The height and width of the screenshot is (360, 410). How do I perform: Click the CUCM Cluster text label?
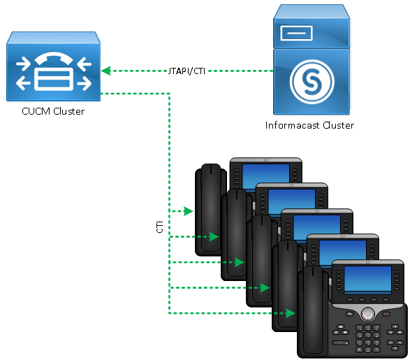click(53, 111)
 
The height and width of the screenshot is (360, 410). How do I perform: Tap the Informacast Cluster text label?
click(309, 125)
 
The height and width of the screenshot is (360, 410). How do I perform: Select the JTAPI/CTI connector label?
click(186, 71)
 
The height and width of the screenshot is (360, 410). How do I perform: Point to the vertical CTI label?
click(159, 226)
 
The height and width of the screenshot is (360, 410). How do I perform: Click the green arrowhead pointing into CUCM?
click(106, 71)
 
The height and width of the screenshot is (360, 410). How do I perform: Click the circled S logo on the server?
click(312, 82)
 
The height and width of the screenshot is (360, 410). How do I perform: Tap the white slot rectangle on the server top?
click(297, 34)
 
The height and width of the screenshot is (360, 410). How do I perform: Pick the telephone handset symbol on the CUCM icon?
click(54, 58)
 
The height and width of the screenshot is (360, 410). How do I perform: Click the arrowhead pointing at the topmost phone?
click(189, 211)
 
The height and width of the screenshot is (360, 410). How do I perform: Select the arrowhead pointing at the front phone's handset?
click(291, 313)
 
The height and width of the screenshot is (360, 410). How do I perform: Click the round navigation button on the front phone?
click(367, 313)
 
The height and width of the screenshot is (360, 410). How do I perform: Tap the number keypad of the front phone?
click(368, 338)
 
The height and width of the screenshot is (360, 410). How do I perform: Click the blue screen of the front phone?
click(367, 279)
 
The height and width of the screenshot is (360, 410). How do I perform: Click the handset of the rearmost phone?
click(210, 209)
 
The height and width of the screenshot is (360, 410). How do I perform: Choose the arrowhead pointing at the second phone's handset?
click(214, 237)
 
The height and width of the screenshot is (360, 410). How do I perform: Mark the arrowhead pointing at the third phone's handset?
click(240, 262)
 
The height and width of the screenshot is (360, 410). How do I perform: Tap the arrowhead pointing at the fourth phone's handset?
click(265, 288)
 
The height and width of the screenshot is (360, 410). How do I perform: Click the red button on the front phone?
click(386, 314)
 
